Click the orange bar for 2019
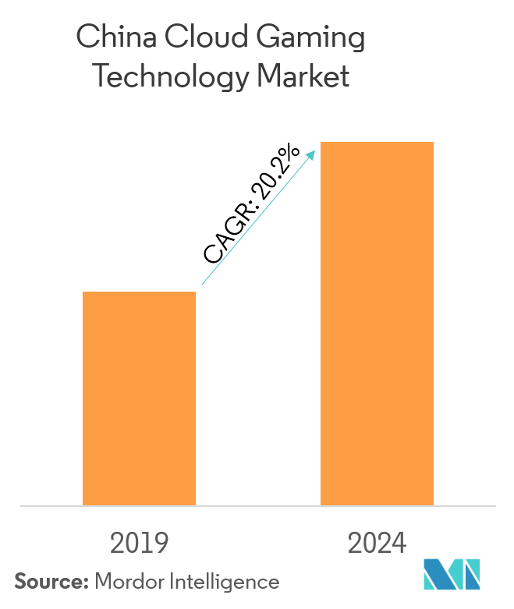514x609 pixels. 139,398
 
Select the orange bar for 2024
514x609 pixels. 377,324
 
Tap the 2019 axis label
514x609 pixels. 139,544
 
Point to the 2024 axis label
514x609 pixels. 377,544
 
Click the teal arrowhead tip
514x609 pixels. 314,150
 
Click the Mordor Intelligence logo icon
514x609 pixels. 452,575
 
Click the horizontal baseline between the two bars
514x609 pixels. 257,506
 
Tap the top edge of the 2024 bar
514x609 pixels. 377,143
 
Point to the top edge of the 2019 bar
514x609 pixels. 139,292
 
